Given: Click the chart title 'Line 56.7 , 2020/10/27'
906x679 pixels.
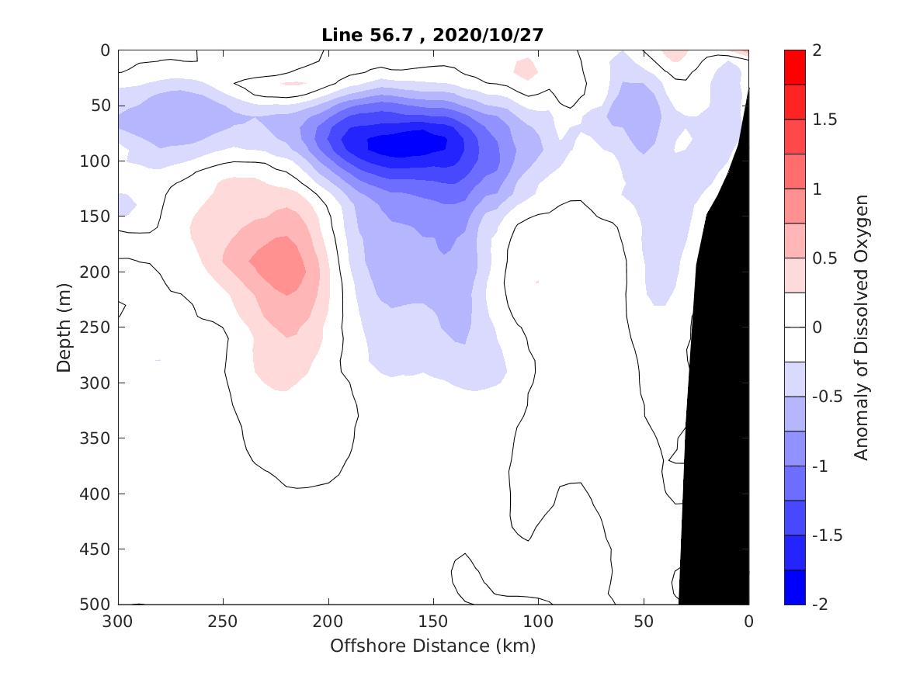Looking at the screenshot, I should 433,35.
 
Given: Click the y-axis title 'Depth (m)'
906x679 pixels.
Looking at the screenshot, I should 64,327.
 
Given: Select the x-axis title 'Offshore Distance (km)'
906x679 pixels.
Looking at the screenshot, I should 433,646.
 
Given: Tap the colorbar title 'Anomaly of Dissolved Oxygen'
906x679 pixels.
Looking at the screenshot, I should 860,327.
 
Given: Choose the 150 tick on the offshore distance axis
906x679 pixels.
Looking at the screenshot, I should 433,621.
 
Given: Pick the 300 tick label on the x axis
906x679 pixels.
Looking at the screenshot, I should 119,621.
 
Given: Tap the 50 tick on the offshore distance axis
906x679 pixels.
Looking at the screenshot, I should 644,621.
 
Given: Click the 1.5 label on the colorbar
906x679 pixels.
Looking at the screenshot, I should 824,120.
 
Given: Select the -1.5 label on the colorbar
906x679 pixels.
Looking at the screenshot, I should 827,535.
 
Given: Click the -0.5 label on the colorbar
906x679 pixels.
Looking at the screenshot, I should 827,397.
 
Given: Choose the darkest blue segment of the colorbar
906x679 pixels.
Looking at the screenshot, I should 795,587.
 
